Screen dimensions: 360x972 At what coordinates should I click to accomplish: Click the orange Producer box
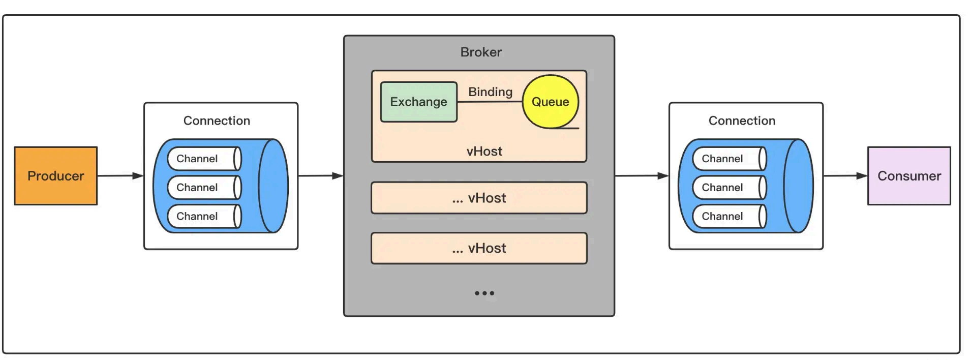pos(55,176)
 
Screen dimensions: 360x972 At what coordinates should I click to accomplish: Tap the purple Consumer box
pos(908,176)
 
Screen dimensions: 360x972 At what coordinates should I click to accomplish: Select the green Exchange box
pos(418,102)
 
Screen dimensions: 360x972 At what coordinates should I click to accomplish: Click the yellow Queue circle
pos(550,102)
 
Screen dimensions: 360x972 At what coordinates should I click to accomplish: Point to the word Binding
pos(490,92)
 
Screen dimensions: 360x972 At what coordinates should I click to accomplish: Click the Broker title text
pos(480,52)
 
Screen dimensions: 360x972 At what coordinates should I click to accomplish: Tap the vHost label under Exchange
pos(484,151)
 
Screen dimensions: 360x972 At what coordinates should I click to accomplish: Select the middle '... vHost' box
pos(479,198)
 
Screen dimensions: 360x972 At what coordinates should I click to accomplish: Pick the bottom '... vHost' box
pos(479,248)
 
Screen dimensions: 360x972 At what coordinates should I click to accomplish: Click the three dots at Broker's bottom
pos(484,293)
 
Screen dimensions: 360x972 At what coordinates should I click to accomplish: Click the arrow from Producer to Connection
pos(120,176)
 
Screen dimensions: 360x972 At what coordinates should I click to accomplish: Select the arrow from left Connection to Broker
pos(320,176)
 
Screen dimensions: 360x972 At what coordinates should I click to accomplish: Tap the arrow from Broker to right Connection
pos(642,176)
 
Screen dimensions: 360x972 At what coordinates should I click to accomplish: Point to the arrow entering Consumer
pos(845,176)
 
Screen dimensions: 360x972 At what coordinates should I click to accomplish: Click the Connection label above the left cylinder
pos(217,121)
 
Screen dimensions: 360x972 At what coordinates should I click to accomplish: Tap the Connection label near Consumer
pos(742,121)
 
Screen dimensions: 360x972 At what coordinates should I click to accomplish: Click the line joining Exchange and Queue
pos(490,102)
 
